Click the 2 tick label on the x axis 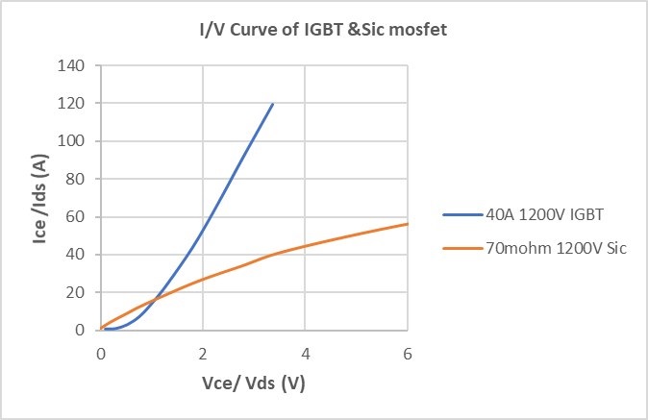click(x=203, y=352)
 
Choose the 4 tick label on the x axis click(x=306, y=352)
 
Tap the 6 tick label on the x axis click(x=408, y=352)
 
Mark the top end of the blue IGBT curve click(x=273, y=104)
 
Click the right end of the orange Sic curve click(x=408, y=224)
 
